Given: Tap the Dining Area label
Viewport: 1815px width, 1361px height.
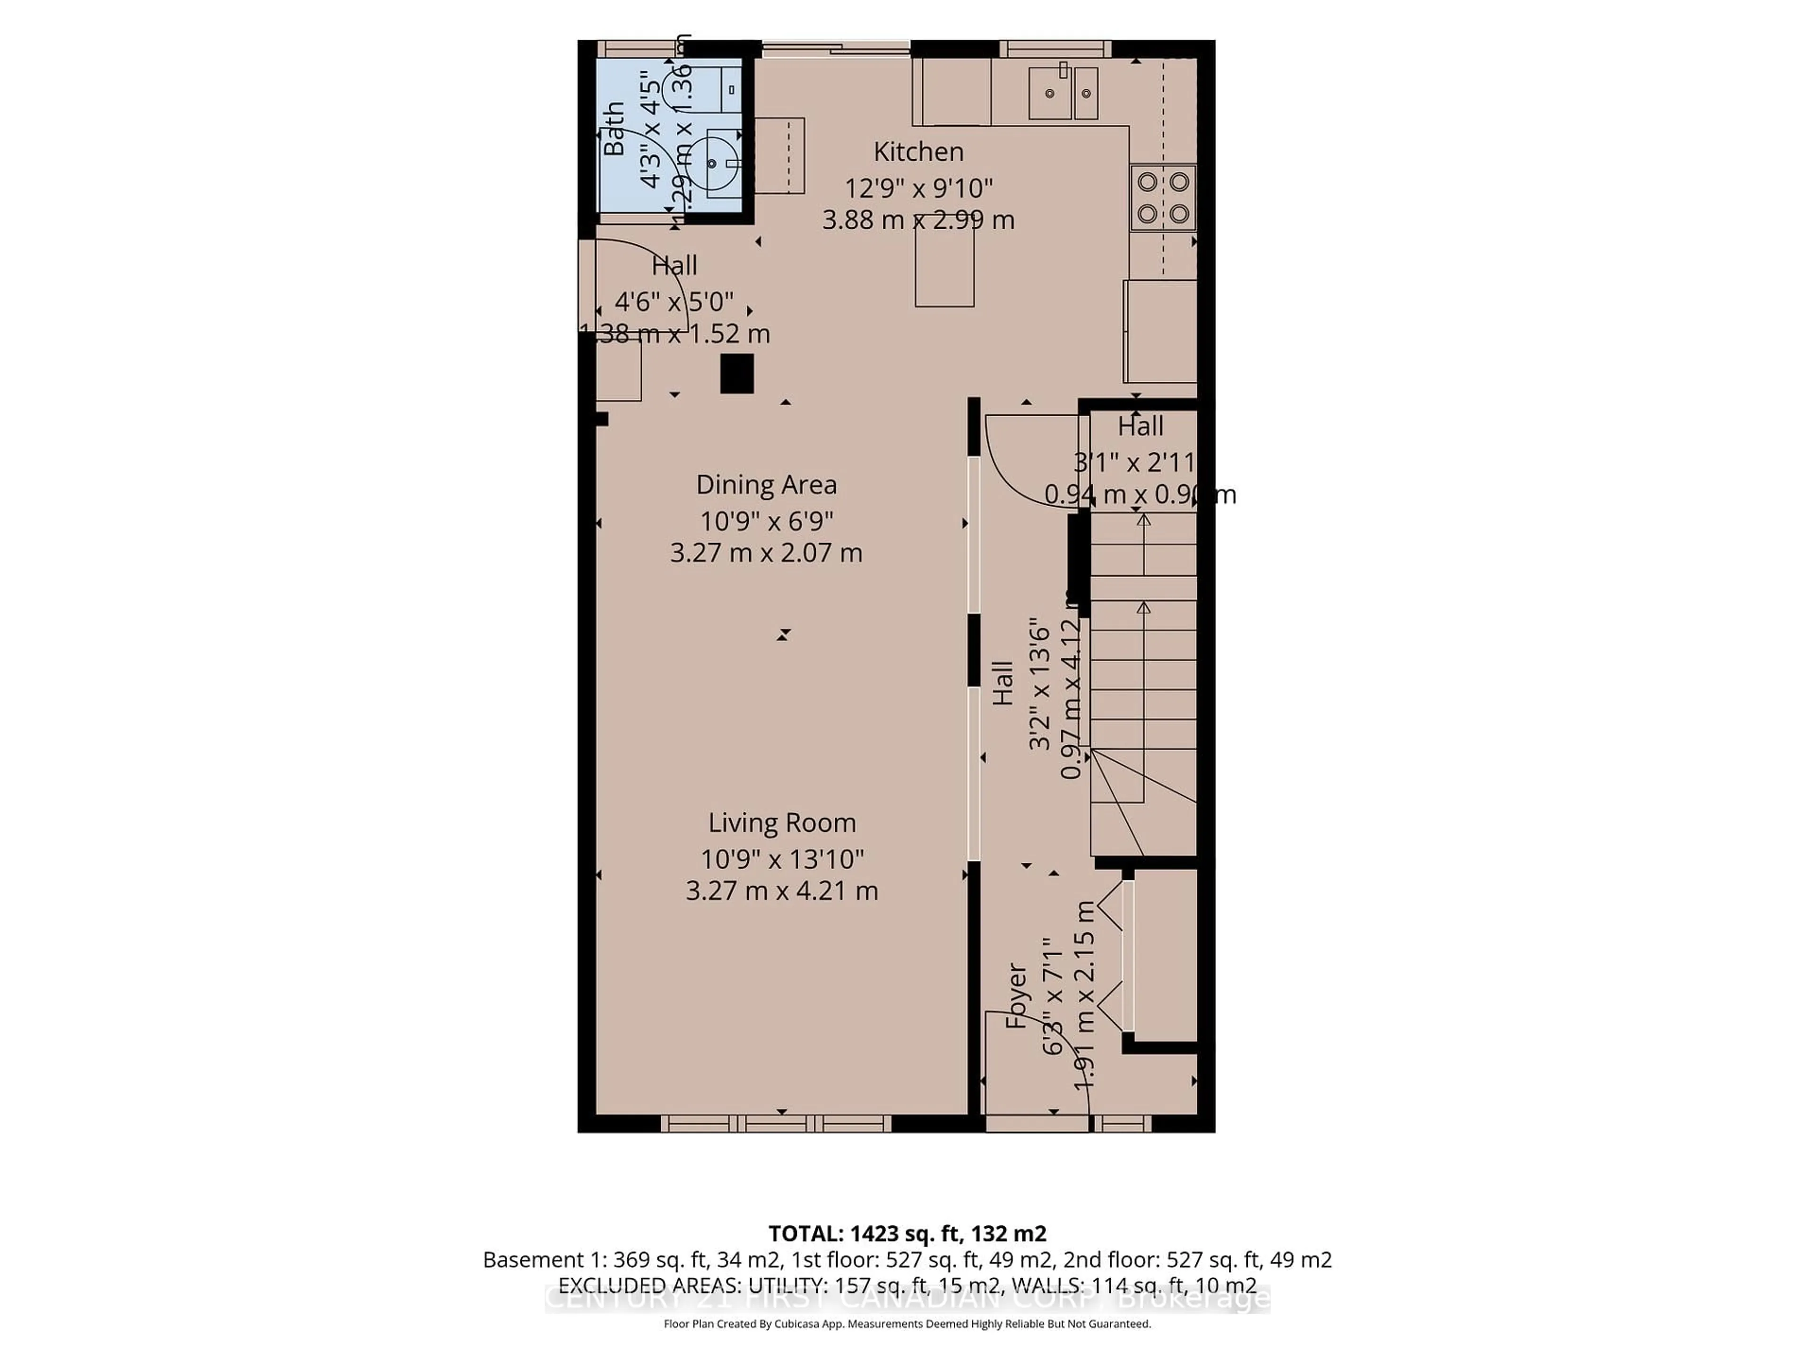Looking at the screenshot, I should (x=766, y=485).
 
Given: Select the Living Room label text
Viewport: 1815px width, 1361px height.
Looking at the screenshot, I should (x=782, y=823).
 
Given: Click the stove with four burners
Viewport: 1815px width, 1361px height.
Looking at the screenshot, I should (x=1163, y=197).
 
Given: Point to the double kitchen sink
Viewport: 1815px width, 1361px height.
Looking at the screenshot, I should (x=1063, y=93).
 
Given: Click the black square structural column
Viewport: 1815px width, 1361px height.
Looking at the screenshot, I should (x=737, y=374).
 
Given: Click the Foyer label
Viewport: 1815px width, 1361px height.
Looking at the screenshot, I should (x=1016, y=996).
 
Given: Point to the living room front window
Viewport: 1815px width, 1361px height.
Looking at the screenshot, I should (x=776, y=1123).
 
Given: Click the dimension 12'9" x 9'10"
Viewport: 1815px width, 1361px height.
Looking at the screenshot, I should (x=918, y=189).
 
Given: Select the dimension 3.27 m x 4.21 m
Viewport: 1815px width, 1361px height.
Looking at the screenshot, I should (x=782, y=891).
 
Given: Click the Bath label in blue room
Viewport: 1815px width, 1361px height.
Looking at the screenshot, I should (x=614, y=129).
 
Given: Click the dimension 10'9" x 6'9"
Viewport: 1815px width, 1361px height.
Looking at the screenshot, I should (x=766, y=521).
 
